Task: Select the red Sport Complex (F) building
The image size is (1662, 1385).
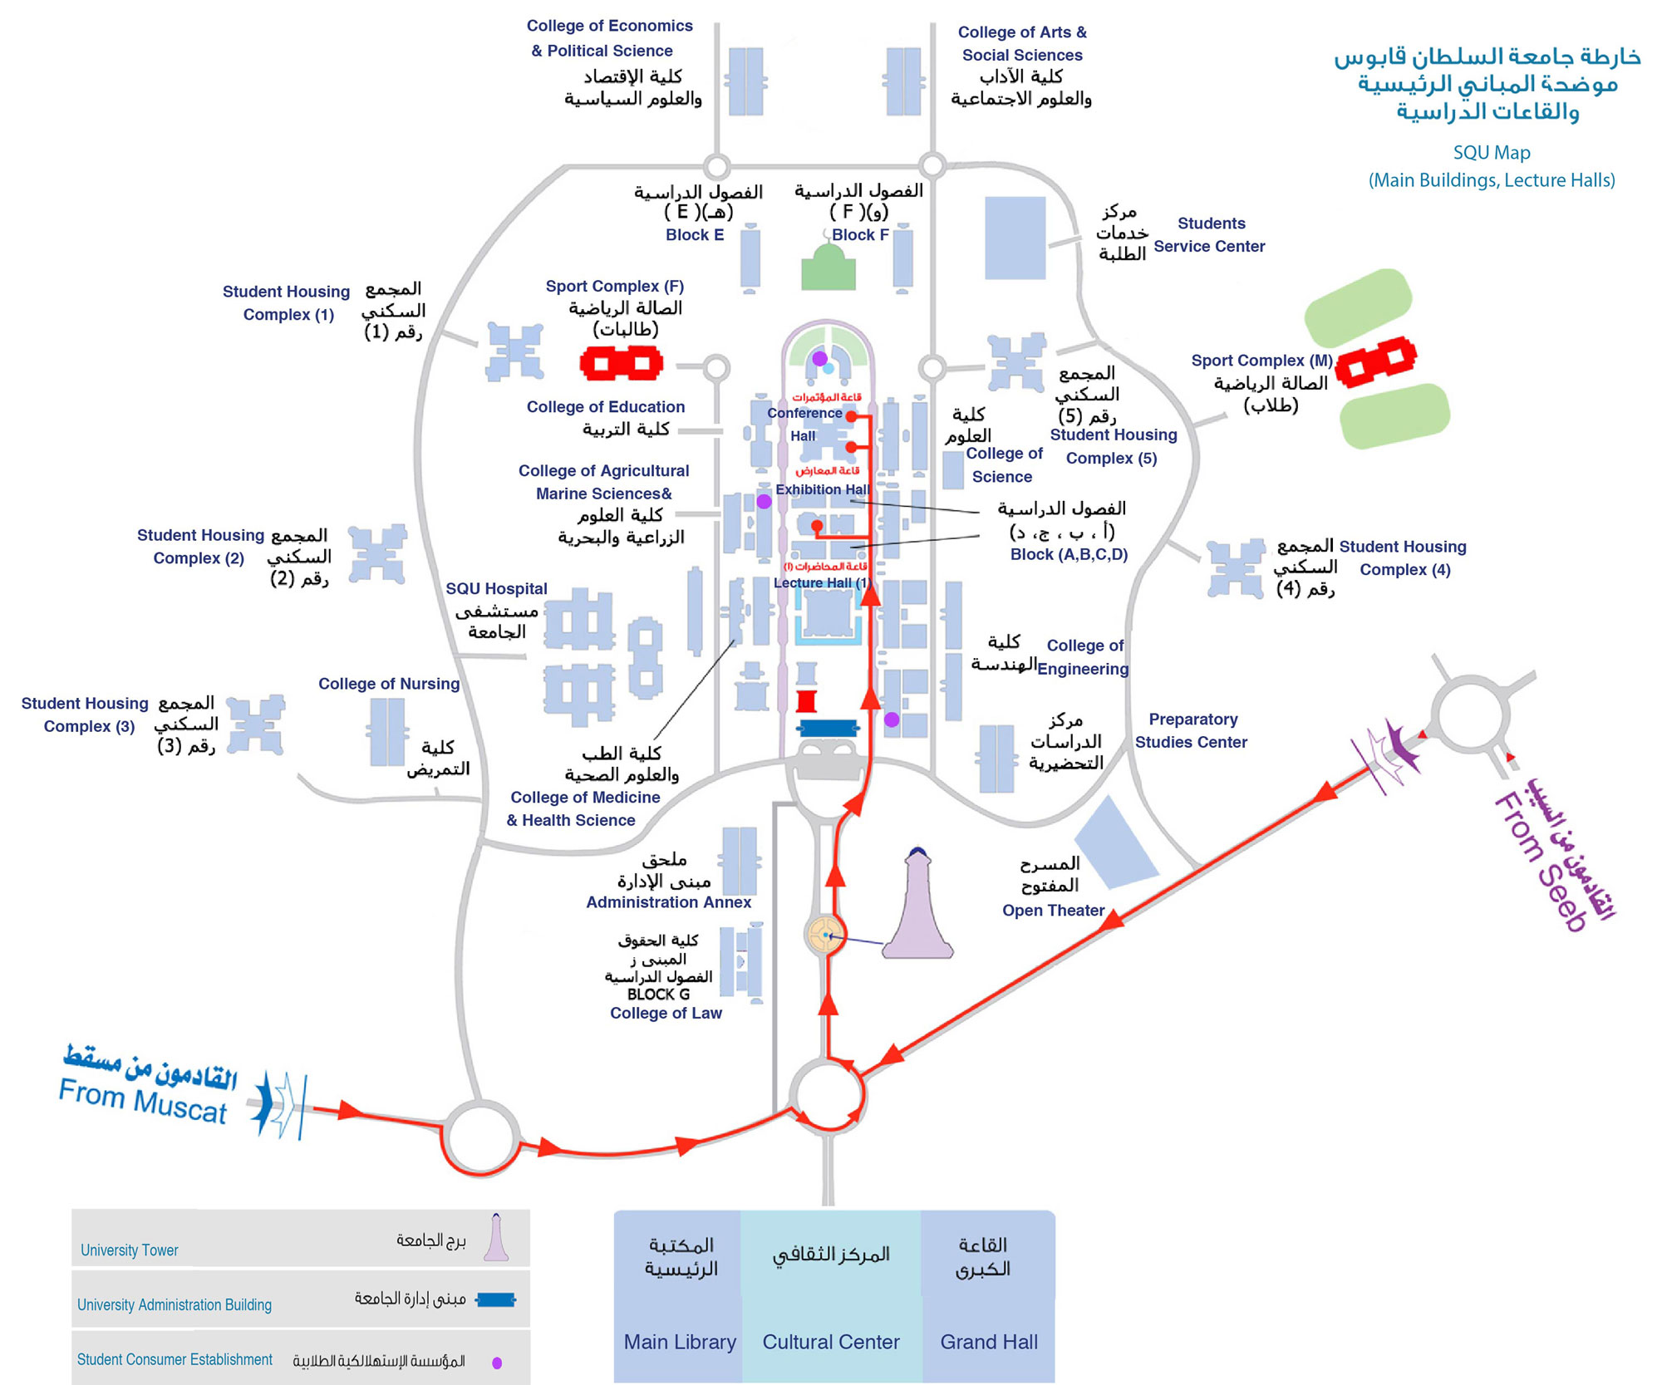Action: [x=621, y=363]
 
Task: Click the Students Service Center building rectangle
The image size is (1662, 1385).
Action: [x=1015, y=238]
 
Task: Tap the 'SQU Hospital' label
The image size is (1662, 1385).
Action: [x=496, y=588]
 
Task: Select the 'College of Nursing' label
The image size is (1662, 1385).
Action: [x=389, y=684]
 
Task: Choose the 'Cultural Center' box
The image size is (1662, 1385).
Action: [x=831, y=1296]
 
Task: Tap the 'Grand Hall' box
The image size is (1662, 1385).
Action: [x=988, y=1296]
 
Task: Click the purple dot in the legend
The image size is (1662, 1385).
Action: [x=497, y=1363]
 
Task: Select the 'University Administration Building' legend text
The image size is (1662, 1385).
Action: [x=175, y=1304]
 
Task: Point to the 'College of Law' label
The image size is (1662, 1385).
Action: [x=666, y=1013]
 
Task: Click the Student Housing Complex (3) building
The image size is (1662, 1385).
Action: [x=256, y=724]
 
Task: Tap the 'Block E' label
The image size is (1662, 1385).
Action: [x=695, y=235]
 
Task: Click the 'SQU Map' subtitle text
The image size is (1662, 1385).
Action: [x=1491, y=153]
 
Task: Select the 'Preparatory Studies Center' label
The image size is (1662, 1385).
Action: [x=1192, y=730]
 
